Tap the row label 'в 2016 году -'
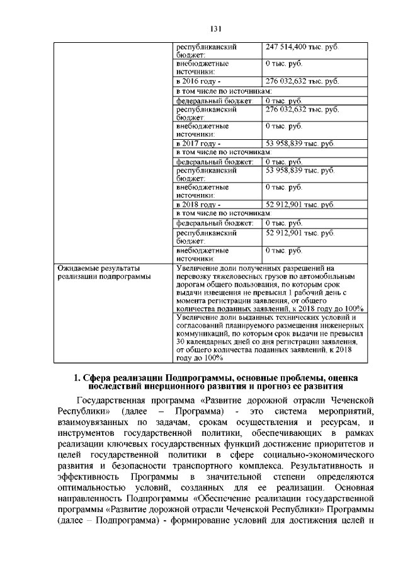(198, 82)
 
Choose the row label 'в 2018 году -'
(198, 205)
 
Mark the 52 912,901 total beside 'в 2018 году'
(299, 205)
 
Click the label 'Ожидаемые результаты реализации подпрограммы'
(104, 271)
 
